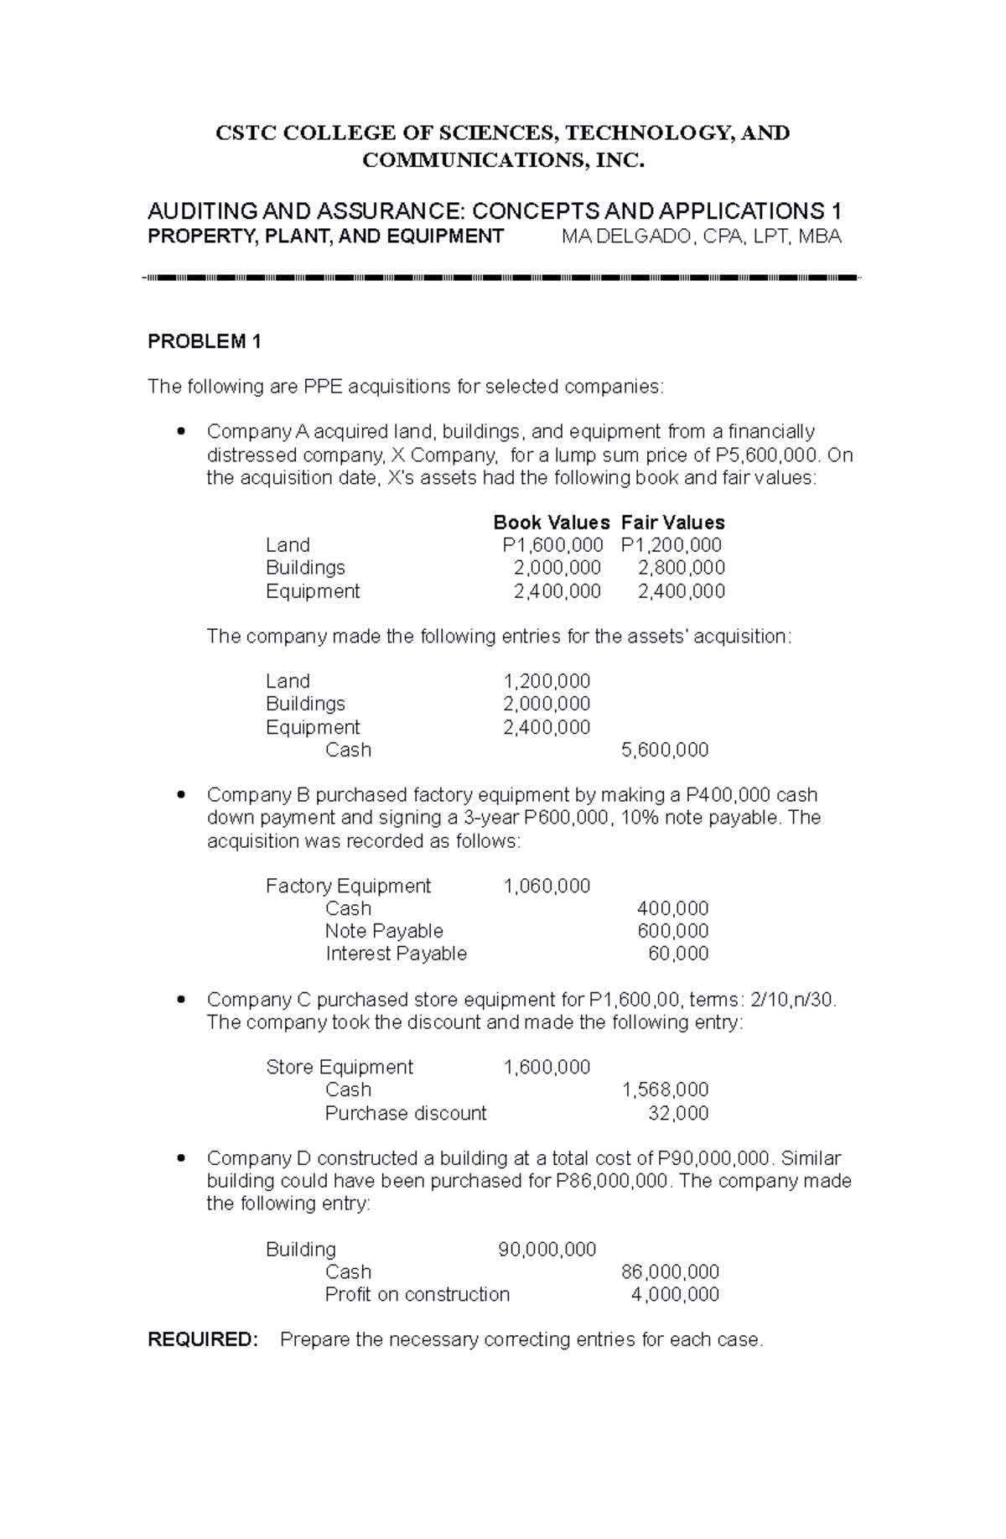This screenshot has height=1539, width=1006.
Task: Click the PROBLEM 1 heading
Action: point(205,341)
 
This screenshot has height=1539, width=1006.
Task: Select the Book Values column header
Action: point(551,523)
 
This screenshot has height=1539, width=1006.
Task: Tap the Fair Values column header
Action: point(672,523)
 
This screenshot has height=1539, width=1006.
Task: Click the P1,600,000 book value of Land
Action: point(552,545)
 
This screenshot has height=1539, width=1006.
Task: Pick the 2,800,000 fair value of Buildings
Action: point(681,568)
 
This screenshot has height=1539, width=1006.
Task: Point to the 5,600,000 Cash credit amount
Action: point(664,750)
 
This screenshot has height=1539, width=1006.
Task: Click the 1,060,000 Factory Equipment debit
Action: point(547,886)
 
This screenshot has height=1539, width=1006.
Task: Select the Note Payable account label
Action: point(384,931)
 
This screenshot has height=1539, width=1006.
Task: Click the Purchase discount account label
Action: point(406,1113)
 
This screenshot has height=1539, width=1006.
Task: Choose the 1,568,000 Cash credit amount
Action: point(664,1089)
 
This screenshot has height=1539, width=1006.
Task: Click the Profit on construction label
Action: point(417,1294)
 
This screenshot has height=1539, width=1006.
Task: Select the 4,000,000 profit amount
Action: point(675,1294)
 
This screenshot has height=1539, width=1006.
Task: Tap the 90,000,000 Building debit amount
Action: point(547,1250)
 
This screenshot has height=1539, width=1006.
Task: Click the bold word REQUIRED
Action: point(203,1339)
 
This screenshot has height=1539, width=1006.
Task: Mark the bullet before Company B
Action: point(181,795)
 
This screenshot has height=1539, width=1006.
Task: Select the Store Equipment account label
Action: point(339,1067)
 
